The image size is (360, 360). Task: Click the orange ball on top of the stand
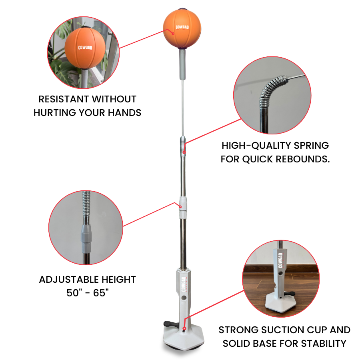point(182,28)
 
